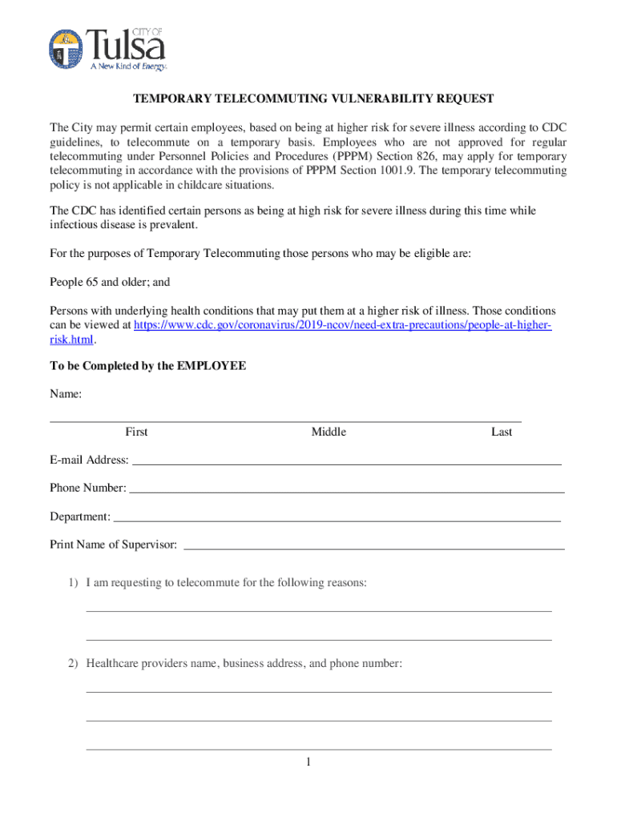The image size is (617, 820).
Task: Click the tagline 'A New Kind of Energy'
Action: point(127,66)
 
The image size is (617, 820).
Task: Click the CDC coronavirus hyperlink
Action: point(342,325)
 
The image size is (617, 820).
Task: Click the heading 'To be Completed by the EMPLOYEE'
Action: point(148,366)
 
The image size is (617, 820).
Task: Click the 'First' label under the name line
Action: point(136,432)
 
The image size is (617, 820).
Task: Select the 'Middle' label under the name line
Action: point(329,432)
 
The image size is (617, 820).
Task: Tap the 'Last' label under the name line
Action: point(502,432)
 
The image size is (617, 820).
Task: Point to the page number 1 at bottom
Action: point(307,762)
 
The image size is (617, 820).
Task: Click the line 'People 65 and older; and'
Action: point(110,283)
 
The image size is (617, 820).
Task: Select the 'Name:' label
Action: point(66,395)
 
